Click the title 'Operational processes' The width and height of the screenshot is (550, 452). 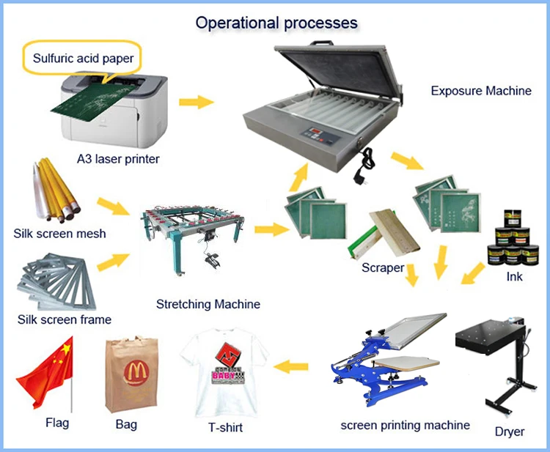(x=276, y=22)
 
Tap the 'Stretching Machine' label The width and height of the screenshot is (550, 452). (x=208, y=304)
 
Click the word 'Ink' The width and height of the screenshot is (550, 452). (x=514, y=277)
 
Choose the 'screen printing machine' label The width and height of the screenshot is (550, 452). (x=406, y=424)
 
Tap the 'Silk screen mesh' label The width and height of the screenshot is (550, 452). (x=59, y=234)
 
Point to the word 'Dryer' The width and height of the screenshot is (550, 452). (x=510, y=431)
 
